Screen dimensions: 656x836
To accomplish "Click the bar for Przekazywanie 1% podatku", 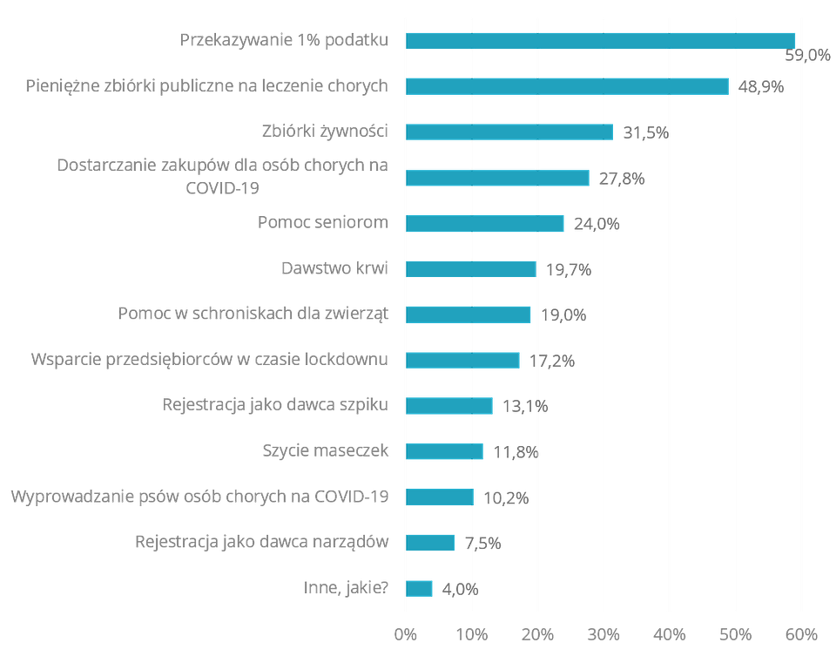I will coord(601,40).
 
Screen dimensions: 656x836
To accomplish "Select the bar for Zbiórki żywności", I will coord(509,132).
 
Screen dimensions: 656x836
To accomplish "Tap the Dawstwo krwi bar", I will coord(471,268).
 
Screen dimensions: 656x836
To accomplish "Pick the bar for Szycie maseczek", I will coord(445,451).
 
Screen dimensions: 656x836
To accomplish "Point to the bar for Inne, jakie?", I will coord(420,588).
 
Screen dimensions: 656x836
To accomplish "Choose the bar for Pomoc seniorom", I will coord(485,223).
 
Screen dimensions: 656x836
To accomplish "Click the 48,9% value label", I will coord(761,87).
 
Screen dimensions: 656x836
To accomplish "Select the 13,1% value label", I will coord(524,406).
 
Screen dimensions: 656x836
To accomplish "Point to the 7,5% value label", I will coord(482,543).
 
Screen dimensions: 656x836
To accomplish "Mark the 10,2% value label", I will coord(506,497).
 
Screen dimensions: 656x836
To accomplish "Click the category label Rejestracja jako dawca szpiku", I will coord(275,405).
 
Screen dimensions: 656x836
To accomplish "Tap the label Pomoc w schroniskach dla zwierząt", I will coord(253,314).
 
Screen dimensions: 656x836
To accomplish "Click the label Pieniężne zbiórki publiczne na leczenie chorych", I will coord(207,86).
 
